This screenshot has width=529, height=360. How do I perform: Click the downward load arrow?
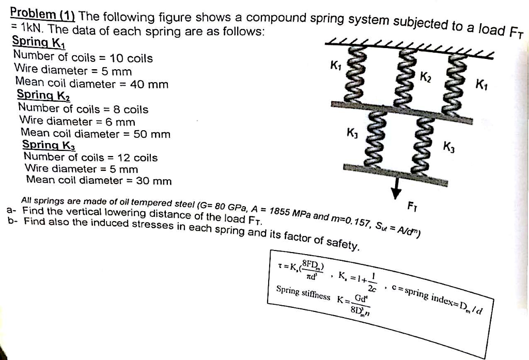coord(396,188)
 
